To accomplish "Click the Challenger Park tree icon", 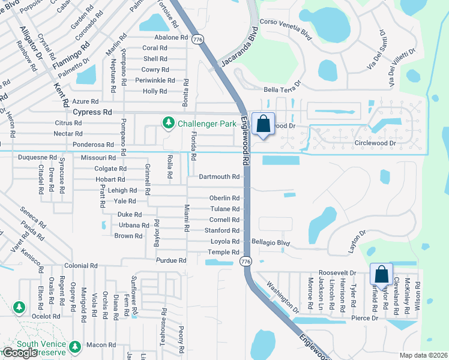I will pyautogui.click(x=169, y=123).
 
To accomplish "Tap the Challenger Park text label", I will pyautogui.click(x=200, y=124).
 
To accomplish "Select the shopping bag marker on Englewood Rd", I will pyautogui.click(x=263, y=124).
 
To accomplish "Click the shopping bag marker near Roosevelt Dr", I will pyautogui.click(x=381, y=274).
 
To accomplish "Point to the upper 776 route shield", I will pyautogui.click(x=197, y=40).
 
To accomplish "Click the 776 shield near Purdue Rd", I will pyautogui.click(x=245, y=262).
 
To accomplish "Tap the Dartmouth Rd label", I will pyautogui.click(x=219, y=177).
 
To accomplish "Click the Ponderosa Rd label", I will pyautogui.click(x=92, y=145).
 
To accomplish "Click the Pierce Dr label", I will pyautogui.click(x=365, y=318).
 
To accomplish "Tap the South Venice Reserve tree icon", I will pyautogui.click(x=75, y=347).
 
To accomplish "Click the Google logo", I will pyautogui.click(x=20, y=353).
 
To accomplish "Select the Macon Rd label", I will pyautogui.click(x=101, y=345).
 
